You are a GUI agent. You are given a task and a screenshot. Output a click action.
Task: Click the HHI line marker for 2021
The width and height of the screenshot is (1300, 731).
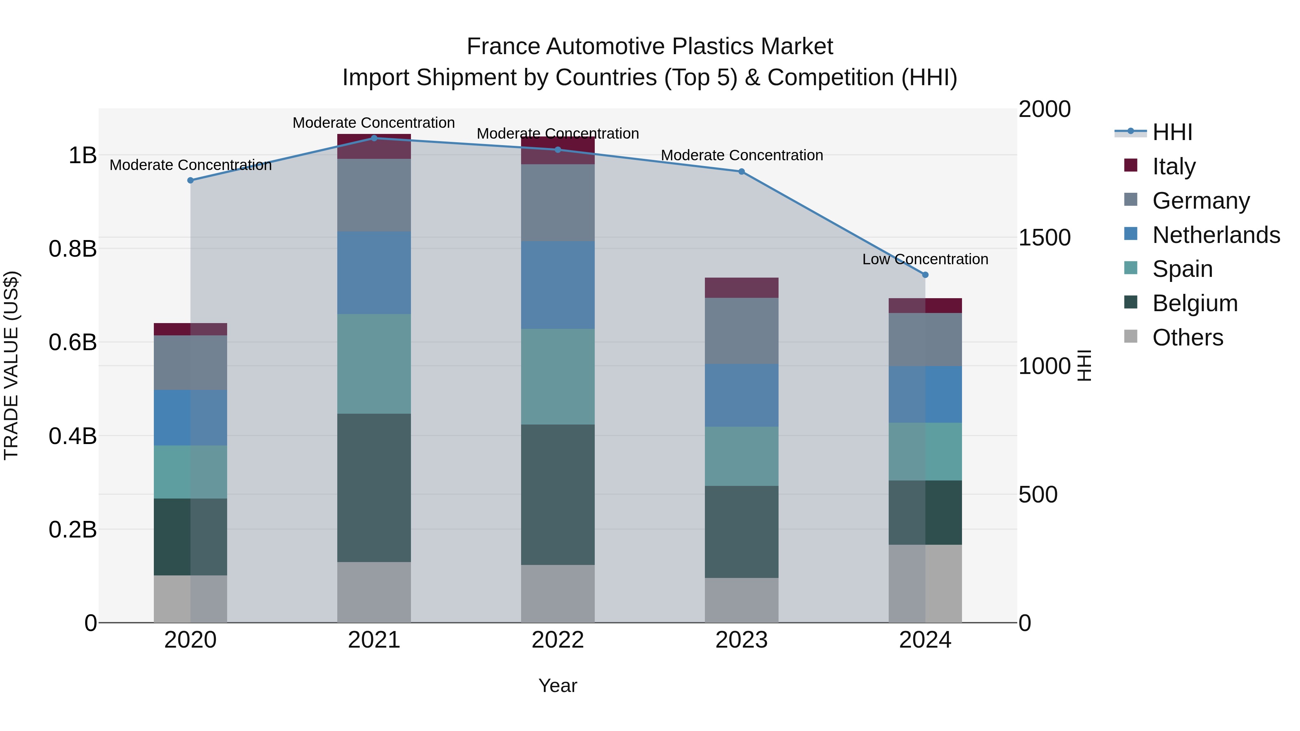(x=374, y=138)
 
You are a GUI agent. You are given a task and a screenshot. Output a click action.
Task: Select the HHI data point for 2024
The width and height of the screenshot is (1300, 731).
(x=925, y=275)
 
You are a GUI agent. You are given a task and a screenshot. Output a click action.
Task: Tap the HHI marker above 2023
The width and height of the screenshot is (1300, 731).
(x=741, y=171)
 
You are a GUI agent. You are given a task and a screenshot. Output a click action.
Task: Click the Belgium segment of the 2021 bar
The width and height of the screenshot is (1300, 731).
(x=374, y=487)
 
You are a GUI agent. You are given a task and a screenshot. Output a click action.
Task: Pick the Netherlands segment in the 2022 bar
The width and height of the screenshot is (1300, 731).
(x=558, y=285)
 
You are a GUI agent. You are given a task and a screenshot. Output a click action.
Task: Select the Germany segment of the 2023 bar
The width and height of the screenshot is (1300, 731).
(x=741, y=331)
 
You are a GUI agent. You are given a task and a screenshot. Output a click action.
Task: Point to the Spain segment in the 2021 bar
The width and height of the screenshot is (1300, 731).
(x=374, y=364)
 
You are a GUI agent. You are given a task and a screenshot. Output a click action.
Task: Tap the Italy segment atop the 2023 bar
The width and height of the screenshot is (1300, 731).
(x=741, y=288)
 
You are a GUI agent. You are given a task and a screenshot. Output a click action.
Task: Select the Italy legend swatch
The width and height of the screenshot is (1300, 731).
(x=1131, y=165)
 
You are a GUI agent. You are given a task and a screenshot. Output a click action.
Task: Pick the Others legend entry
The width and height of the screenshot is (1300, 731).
(x=1187, y=338)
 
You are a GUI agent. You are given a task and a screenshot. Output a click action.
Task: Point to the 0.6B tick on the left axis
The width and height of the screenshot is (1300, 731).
(x=73, y=343)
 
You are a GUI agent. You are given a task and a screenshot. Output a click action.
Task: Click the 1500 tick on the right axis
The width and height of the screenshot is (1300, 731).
(x=1044, y=238)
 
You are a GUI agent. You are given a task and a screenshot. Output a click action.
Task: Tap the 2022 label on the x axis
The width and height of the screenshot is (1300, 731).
(x=558, y=640)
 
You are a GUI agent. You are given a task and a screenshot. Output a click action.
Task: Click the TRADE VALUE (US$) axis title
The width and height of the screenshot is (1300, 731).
(x=11, y=365)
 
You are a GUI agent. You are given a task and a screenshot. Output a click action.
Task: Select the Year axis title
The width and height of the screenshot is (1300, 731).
(x=558, y=686)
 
